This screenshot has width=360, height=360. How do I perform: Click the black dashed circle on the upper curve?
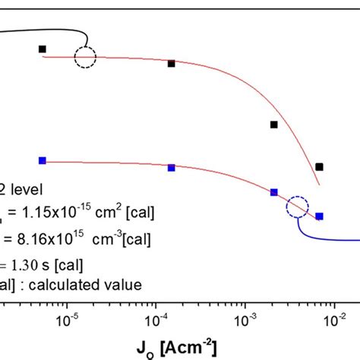point(85,56)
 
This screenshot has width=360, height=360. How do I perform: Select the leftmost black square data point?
point(43,49)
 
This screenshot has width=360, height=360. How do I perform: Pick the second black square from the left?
point(172,64)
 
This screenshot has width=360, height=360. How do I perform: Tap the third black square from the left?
point(274,125)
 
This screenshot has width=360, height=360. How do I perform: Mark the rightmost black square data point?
point(320,166)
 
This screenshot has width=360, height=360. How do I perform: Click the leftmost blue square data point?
point(43,160)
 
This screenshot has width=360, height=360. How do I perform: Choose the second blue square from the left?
point(172,168)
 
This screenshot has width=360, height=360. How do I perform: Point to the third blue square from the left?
point(274,193)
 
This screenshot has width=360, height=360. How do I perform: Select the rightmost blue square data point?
point(320,216)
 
